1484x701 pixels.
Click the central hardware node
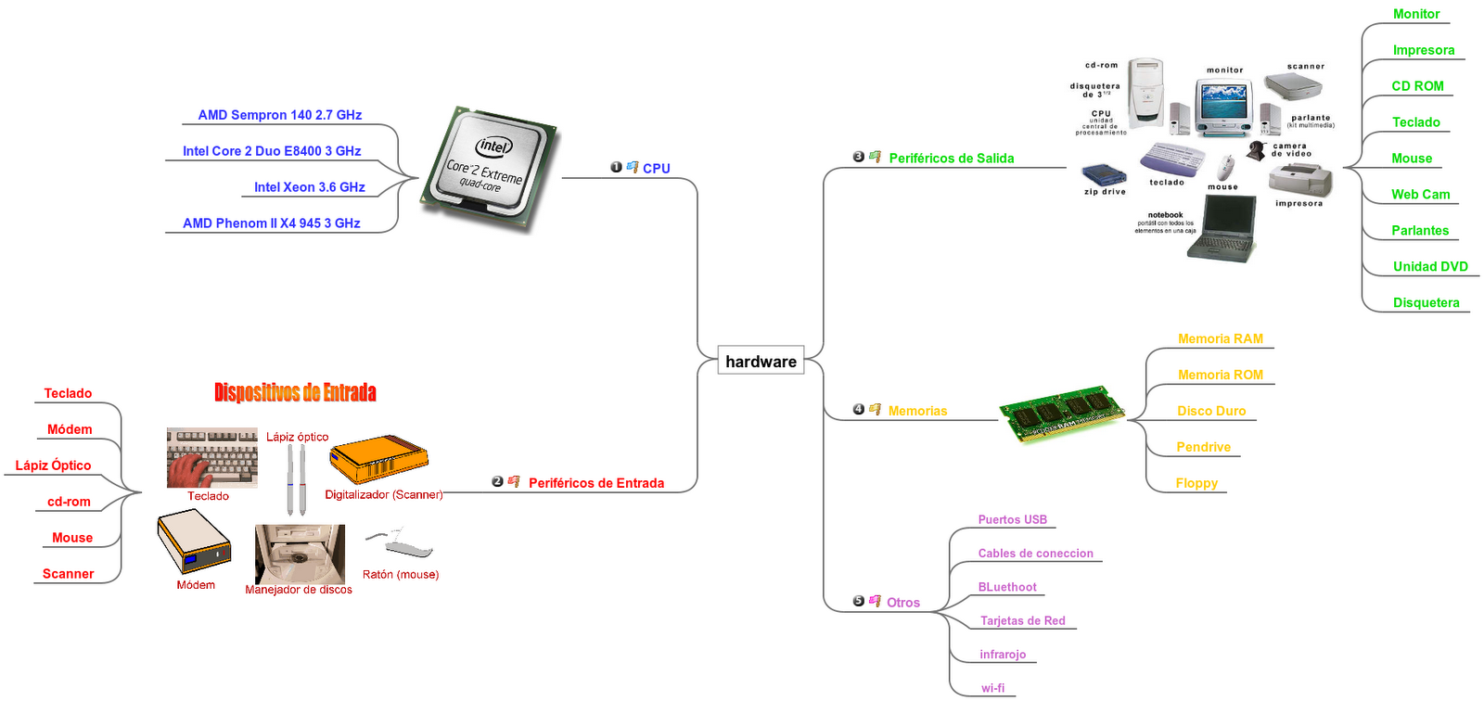pos(761,362)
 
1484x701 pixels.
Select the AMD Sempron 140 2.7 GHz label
pos(279,115)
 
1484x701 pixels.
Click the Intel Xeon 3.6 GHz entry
pos(309,187)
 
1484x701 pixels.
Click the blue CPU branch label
pos(656,169)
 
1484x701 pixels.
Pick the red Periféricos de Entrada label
pos(595,483)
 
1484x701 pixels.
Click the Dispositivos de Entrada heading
pos(295,392)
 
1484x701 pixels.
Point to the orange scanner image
pos(378,459)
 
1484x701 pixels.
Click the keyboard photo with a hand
pos(211,458)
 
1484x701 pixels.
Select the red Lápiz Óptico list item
pos(53,465)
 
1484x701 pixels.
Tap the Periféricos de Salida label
pos(951,159)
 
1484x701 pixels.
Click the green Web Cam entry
pos(1420,195)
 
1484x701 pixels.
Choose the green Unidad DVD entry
pos(1430,267)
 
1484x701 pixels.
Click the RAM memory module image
pos(1062,414)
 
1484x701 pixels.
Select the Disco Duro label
pos(1211,411)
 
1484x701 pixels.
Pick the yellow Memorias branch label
pos(917,411)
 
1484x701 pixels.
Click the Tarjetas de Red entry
pos(1022,621)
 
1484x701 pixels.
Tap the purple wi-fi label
pos(992,688)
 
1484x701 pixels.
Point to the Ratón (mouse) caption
pos(401,575)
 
